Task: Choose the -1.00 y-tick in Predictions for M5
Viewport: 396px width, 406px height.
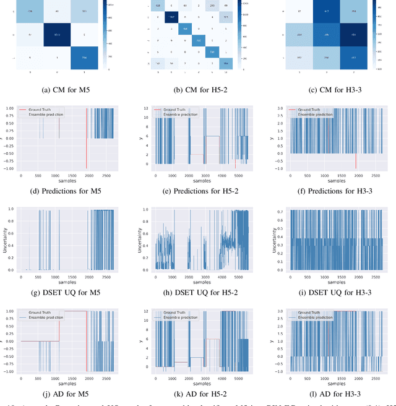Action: tap(12, 170)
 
